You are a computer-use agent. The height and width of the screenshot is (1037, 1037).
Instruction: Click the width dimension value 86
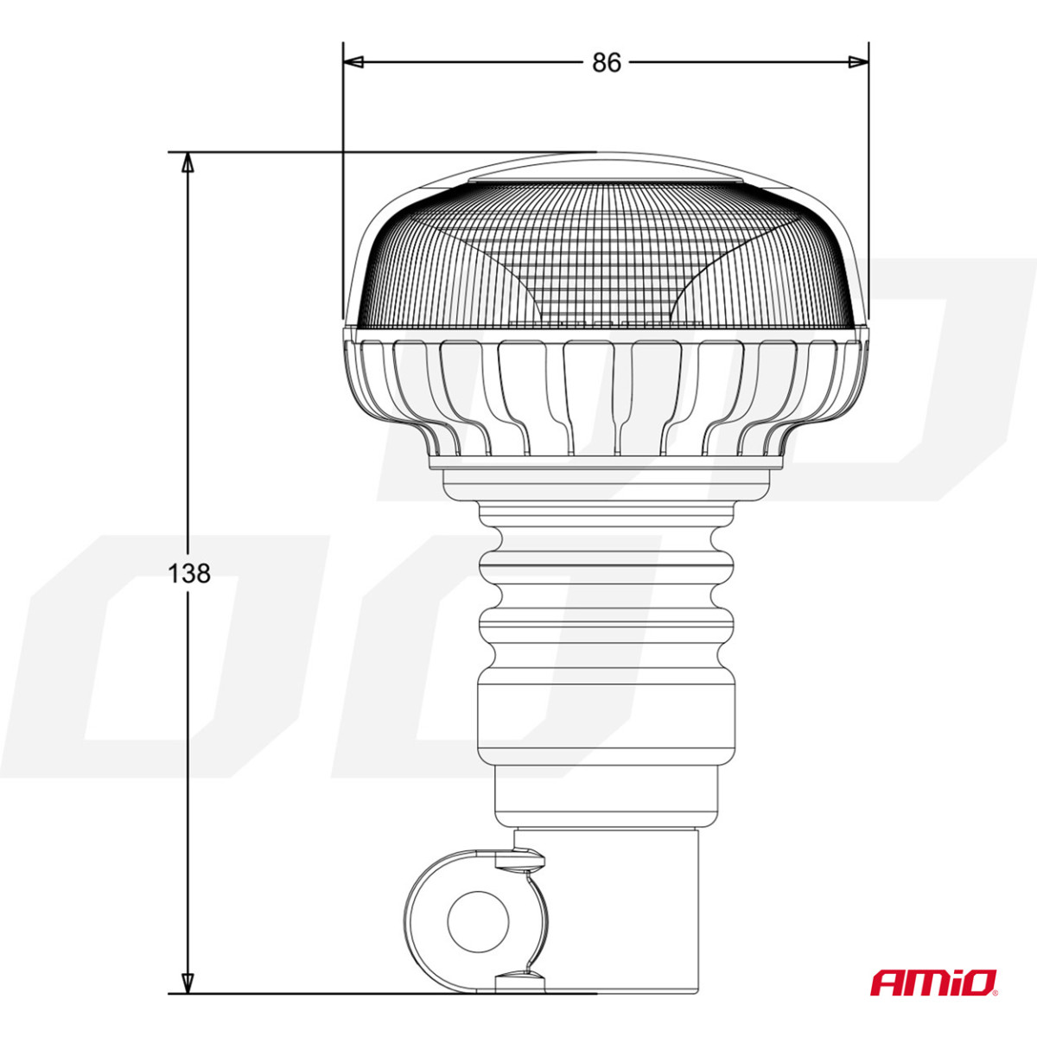tap(606, 63)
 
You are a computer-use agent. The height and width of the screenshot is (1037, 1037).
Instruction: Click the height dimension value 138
tap(188, 573)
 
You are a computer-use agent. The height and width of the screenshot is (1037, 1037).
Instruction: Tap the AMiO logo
tap(933, 983)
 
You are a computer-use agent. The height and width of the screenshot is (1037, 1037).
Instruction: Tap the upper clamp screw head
tap(520, 859)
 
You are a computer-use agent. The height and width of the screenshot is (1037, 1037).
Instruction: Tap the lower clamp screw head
tap(520, 979)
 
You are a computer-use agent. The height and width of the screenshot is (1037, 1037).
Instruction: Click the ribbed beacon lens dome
tap(605, 259)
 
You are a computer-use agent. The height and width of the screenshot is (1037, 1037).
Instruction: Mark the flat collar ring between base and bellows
tap(605, 484)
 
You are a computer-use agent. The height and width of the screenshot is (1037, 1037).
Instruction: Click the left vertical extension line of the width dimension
tap(343, 173)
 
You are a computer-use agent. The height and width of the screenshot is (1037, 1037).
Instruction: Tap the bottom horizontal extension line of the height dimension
tap(389, 993)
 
